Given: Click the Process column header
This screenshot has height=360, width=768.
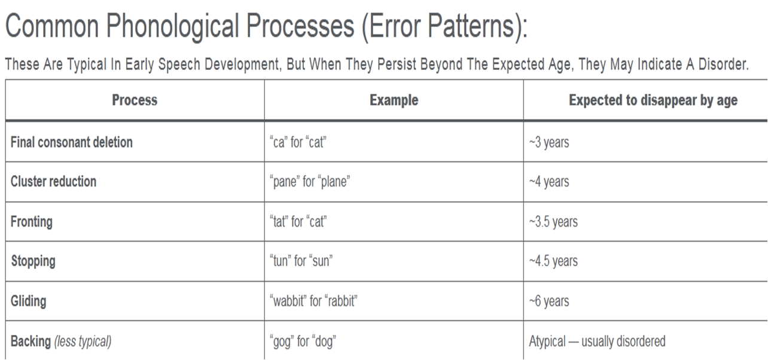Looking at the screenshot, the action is (135, 100).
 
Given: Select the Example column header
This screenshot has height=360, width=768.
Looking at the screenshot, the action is (394, 100).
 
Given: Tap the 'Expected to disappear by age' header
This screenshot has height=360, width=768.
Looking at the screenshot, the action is (653, 100).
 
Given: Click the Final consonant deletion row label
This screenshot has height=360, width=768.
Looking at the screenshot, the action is (72, 142).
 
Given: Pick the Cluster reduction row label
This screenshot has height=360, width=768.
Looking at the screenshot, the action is (53, 181).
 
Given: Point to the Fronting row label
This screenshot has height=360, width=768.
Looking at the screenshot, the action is (32, 221).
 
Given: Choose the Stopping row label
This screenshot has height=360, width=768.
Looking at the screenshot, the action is (33, 261).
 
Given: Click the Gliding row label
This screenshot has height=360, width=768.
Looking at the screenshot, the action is (29, 301).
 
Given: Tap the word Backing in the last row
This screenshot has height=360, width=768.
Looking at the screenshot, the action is (31, 341).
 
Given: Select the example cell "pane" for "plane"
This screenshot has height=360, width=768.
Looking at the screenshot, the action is (310, 182).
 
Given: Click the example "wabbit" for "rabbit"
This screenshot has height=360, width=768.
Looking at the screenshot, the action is (313, 301).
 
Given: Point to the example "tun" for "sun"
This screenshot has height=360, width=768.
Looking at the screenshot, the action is (301, 261).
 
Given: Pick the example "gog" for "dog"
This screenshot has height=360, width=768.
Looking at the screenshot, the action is (303, 341).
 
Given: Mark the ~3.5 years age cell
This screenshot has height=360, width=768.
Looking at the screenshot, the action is (553, 222).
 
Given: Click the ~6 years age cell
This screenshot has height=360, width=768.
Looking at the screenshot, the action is (549, 301).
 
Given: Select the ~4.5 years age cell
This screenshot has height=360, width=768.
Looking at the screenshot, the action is (553, 261).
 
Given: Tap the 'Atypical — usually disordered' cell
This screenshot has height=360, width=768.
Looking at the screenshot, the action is (598, 341).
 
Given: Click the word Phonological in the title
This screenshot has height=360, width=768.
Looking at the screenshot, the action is (173, 26).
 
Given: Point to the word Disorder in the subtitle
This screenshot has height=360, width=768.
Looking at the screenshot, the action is (723, 64).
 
